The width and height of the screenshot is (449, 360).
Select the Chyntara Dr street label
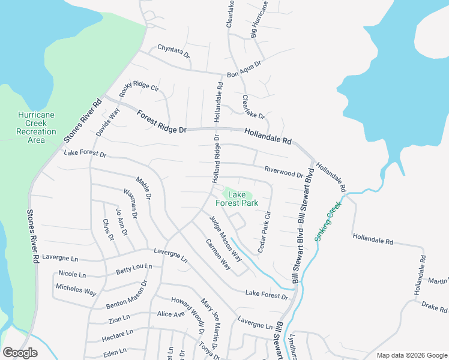click(x=173, y=51)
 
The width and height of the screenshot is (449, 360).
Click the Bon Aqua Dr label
click(x=244, y=70)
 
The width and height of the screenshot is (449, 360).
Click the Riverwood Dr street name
click(x=284, y=172)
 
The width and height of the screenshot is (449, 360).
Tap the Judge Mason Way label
click(x=226, y=238)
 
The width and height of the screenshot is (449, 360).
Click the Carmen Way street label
click(x=218, y=254)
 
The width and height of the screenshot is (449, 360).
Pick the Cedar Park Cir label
click(x=265, y=232)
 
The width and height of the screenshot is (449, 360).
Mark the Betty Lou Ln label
click(x=134, y=269)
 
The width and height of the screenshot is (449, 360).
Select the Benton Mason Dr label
click(x=127, y=295)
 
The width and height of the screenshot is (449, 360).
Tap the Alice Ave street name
click(x=170, y=314)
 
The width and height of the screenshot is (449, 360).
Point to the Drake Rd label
click(x=435, y=308)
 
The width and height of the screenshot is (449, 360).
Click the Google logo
click(x=20, y=353)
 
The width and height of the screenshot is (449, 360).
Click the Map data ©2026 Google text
click(x=411, y=355)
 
